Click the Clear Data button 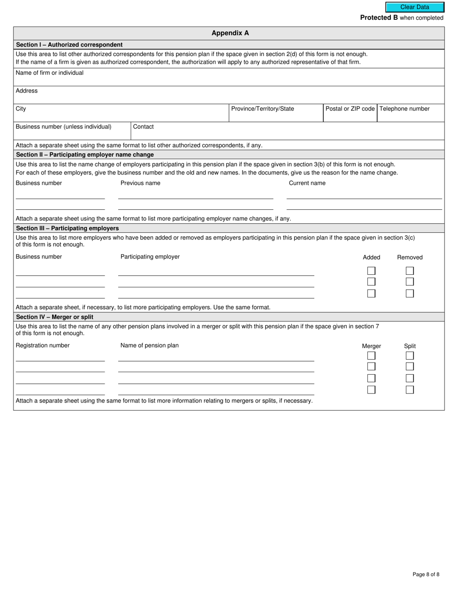click(415, 7)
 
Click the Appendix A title click(230, 33)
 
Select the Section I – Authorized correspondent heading click(69, 45)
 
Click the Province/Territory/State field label click(262, 109)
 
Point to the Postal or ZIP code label click(350, 109)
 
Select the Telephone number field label click(404, 109)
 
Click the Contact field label click(143, 127)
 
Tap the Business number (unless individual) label click(64, 127)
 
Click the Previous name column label click(140, 183)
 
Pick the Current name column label click(307, 183)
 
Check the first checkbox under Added click(371, 271)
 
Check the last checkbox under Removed click(410, 293)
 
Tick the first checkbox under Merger click(371, 356)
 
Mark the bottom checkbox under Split click(410, 390)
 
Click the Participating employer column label click(150, 257)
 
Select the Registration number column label click(42, 346)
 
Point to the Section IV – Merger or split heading click(55, 317)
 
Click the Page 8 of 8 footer click(426, 574)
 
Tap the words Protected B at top click(379, 18)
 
